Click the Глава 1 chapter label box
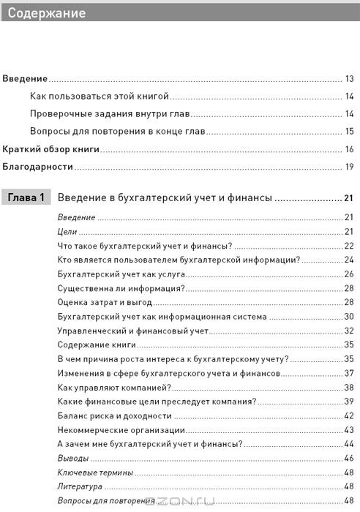coord(26,198)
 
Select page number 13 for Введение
coord(350,78)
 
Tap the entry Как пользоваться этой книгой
coord(100,96)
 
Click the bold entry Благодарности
coord(39,167)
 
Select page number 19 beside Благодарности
coord(350,167)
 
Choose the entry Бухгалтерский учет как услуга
coord(115,273)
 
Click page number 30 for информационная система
coord(349,316)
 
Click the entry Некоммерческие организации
coord(116,429)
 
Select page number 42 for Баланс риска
coord(349,415)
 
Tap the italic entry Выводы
coord(72,458)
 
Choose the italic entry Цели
coord(67,230)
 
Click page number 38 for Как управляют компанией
coord(349,387)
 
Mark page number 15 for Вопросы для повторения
coord(350,132)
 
